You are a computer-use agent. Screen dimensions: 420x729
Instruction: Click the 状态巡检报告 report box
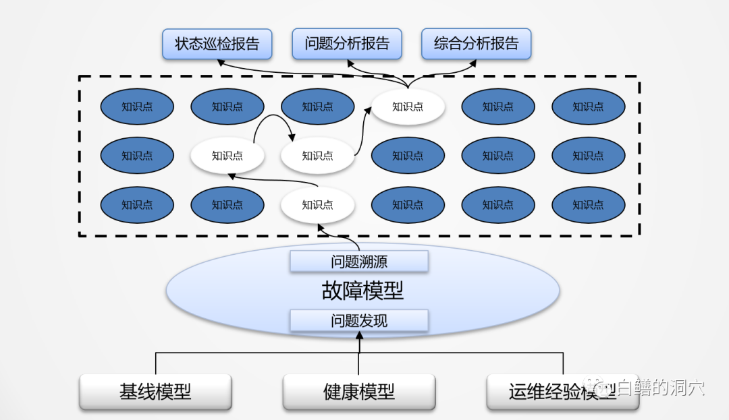[x=217, y=44]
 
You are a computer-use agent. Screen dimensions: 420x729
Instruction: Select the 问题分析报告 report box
[x=347, y=44]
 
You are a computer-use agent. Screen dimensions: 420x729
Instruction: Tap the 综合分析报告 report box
[x=477, y=44]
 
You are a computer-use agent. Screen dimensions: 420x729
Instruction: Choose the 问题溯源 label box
[x=359, y=261]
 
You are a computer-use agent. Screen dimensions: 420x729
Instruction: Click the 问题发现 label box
[x=359, y=321]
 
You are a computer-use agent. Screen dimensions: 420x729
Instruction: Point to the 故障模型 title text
[x=362, y=291]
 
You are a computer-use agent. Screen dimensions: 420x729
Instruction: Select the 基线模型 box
[x=155, y=392]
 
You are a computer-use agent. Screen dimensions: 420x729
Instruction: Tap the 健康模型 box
[x=359, y=392]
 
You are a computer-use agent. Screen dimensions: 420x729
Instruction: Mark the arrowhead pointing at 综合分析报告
[x=473, y=63]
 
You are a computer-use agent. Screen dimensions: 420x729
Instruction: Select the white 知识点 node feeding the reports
[x=408, y=107]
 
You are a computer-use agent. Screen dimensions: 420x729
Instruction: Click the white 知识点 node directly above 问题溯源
[x=317, y=205]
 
